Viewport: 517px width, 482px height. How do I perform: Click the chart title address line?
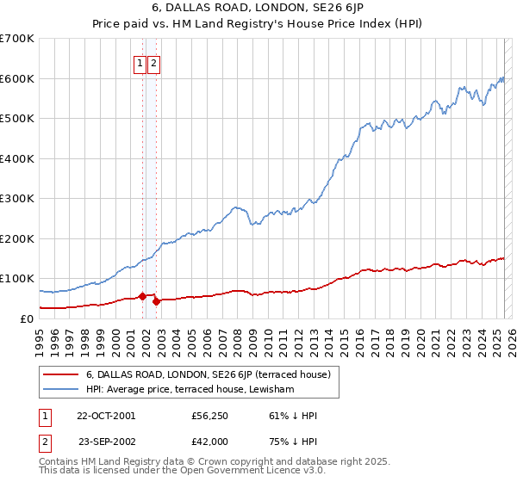(x=258, y=9)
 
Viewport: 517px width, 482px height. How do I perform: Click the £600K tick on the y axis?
(x=16, y=78)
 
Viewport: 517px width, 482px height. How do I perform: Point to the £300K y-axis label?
(x=16, y=198)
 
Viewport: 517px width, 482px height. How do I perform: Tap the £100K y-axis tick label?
(x=16, y=279)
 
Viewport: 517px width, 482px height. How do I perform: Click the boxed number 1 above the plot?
(x=140, y=63)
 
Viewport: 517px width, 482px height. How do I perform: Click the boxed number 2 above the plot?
(x=153, y=63)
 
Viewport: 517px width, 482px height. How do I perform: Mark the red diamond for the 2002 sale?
(x=156, y=301)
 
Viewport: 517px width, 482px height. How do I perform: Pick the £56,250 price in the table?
(x=209, y=416)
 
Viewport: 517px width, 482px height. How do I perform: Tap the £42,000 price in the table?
(x=209, y=441)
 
